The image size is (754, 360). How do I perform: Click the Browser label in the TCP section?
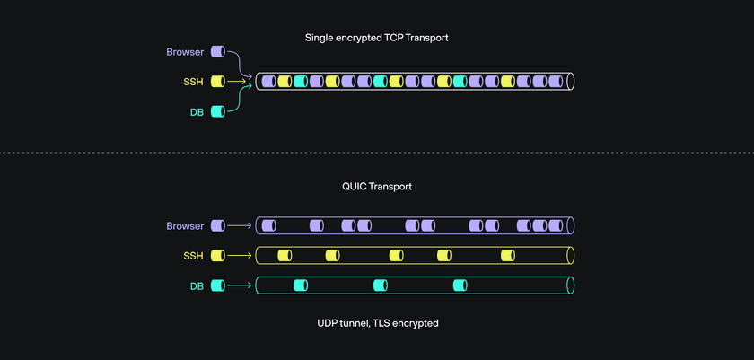click(x=185, y=52)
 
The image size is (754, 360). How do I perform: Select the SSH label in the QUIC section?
click(x=194, y=256)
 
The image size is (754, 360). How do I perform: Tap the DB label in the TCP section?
click(x=196, y=111)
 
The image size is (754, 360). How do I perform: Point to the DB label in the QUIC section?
click(x=196, y=286)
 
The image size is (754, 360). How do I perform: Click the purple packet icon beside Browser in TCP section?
click(x=217, y=52)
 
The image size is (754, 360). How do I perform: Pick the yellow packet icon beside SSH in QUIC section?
click(x=217, y=256)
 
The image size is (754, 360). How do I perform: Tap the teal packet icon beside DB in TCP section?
click(x=217, y=111)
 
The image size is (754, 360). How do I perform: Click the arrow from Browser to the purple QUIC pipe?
click(x=240, y=225)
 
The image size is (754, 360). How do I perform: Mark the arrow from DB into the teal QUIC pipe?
click(x=240, y=286)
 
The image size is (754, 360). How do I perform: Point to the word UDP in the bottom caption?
click(x=328, y=322)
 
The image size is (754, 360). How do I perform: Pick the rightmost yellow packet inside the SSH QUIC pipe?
click(x=508, y=256)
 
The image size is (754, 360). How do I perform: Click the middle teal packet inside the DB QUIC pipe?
click(x=381, y=286)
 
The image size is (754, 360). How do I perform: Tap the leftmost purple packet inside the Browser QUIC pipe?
click(x=267, y=225)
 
